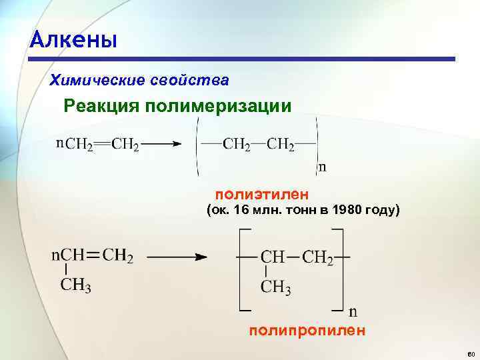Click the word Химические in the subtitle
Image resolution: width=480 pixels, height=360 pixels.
coord(91,81)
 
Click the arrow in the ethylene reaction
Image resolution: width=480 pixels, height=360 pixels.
coord(163,143)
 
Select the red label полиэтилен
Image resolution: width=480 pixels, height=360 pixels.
coord(262,194)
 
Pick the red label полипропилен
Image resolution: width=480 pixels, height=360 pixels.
coord(307,330)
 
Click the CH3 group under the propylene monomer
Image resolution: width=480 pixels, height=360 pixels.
coord(76,286)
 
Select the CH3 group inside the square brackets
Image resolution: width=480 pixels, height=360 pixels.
coord(275,287)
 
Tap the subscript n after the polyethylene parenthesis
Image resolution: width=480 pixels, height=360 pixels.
coord(323,167)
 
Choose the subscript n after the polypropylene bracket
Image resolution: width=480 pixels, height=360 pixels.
coord(353,311)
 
